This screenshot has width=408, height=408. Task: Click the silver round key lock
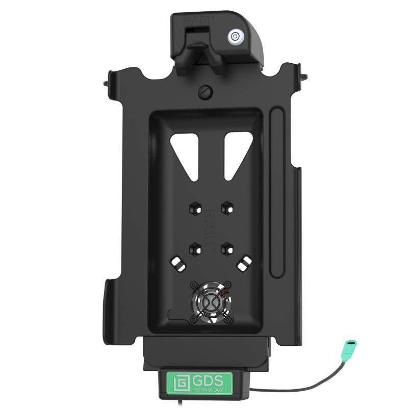click(x=234, y=36)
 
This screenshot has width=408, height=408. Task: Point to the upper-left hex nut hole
click(x=194, y=208)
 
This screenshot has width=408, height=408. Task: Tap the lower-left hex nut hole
click(x=194, y=249)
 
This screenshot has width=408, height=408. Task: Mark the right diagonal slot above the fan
click(x=243, y=265)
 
